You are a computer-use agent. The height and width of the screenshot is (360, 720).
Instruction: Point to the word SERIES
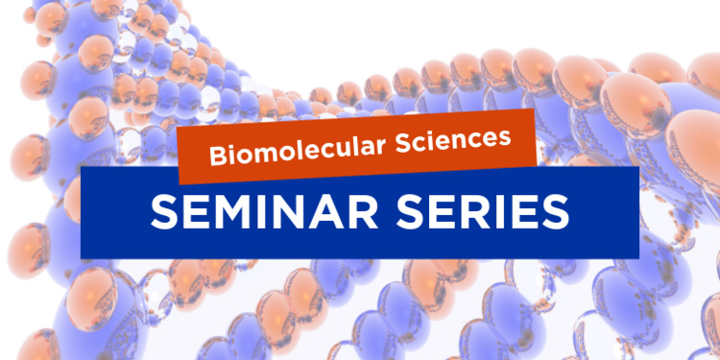484,212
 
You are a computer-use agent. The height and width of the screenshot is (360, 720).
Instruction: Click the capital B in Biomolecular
218,156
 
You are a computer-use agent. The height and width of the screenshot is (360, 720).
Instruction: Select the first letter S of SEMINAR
165,212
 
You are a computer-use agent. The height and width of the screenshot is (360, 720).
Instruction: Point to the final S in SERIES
556,212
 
